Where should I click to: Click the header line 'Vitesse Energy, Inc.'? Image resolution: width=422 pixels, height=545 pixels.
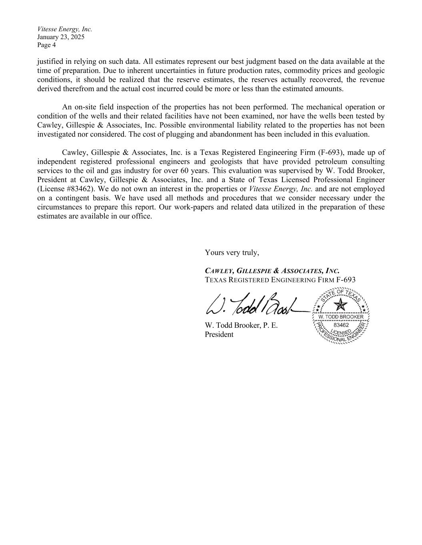(x=64, y=29)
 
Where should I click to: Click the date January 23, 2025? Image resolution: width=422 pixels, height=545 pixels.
(x=61, y=37)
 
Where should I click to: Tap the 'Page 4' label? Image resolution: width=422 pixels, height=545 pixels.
(x=46, y=45)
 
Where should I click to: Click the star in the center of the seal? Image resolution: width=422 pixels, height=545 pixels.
(x=341, y=305)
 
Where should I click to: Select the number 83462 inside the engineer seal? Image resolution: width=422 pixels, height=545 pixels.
(x=341, y=325)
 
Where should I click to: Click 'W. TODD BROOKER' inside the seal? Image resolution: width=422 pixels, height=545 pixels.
(x=341, y=317)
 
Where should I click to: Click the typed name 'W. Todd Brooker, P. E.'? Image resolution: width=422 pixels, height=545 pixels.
(x=241, y=325)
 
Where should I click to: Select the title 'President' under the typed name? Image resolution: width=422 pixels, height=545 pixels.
(x=219, y=335)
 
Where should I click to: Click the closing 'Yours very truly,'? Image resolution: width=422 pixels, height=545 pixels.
(x=232, y=252)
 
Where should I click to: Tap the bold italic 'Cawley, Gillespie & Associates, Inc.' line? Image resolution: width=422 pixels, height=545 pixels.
(x=272, y=271)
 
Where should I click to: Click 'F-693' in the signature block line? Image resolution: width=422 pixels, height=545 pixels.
(x=346, y=280)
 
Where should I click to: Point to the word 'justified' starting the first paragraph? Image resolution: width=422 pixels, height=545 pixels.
(x=50, y=61)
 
